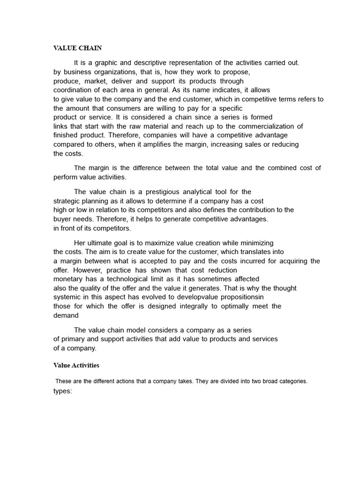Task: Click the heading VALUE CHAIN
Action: pos(77,48)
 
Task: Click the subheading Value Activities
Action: pos(76,365)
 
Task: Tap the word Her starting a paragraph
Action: pos(80,243)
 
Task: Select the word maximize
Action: pos(157,243)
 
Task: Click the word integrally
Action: pos(195,306)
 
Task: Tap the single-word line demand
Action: pos(66,315)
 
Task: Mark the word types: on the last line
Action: pos(62,391)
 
